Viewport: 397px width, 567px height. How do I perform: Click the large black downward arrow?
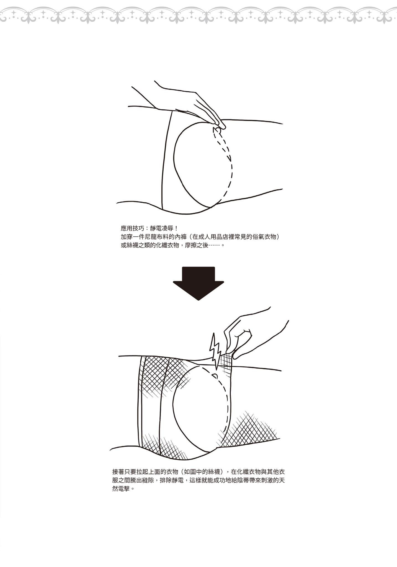click(198, 283)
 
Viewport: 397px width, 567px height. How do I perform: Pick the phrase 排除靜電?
click(172, 480)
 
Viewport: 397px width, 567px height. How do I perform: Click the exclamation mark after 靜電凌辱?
click(176, 228)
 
